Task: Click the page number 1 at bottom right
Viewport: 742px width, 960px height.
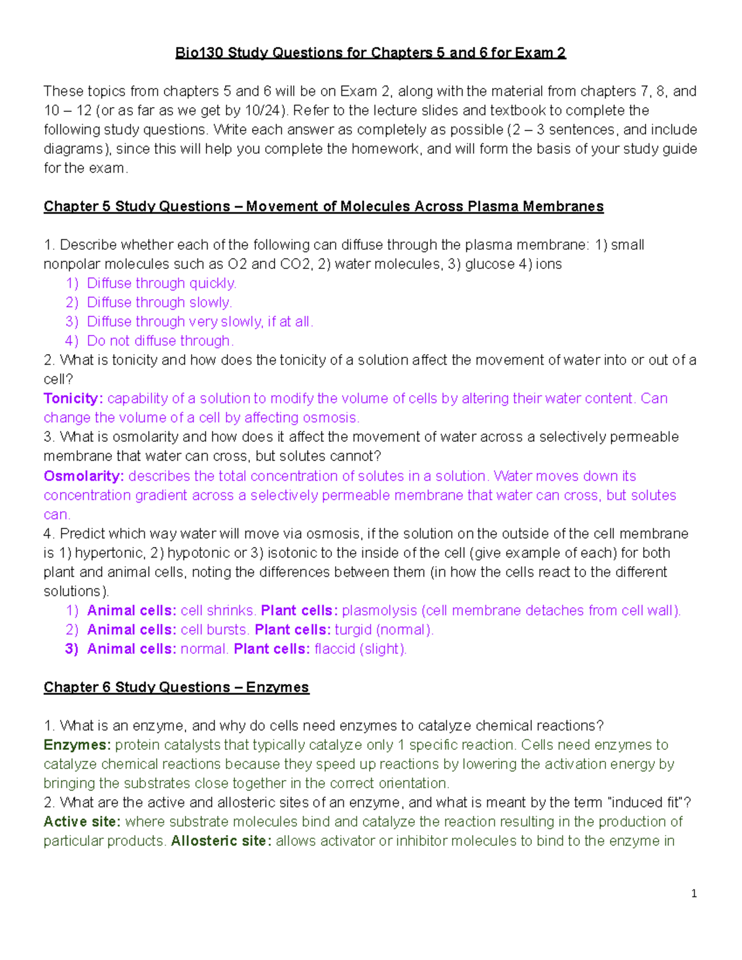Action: coord(694,893)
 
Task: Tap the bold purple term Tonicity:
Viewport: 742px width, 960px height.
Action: coord(73,399)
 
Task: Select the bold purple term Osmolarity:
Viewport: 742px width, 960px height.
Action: coord(83,477)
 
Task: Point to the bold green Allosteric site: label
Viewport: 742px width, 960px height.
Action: coord(221,841)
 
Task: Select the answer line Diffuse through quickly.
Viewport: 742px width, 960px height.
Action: coord(161,284)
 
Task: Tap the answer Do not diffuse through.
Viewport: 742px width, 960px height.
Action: coord(160,341)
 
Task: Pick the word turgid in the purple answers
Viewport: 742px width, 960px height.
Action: coord(353,630)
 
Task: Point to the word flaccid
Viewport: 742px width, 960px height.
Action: coord(335,649)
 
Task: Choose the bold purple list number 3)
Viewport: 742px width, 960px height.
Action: coord(72,649)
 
